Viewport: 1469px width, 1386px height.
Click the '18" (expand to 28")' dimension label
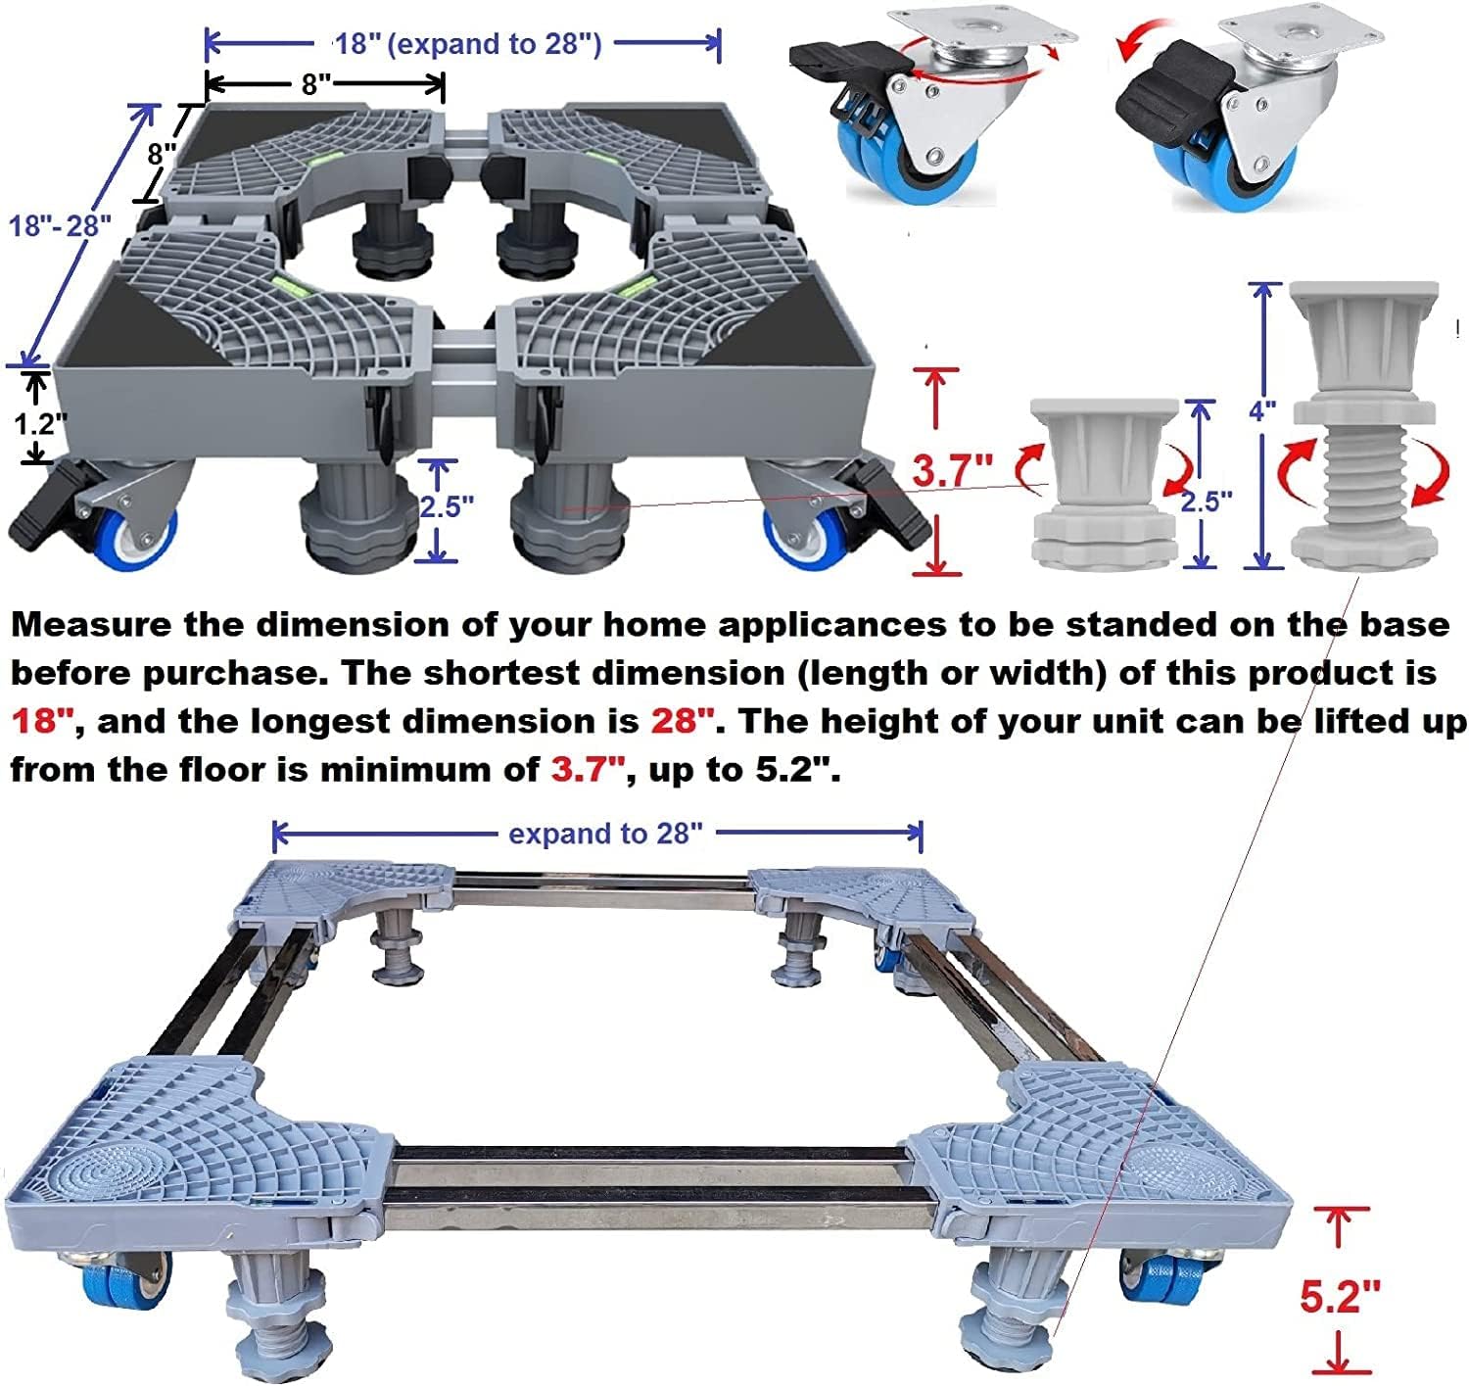(x=468, y=44)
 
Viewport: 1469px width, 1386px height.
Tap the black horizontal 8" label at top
(x=316, y=84)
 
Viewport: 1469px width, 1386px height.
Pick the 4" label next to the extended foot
(x=1263, y=409)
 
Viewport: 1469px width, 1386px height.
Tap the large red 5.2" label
(x=1339, y=1297)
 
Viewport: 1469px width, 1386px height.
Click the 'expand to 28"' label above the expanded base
(x=605, y=834)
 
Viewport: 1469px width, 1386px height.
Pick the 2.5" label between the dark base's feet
(x=447, y=506)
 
